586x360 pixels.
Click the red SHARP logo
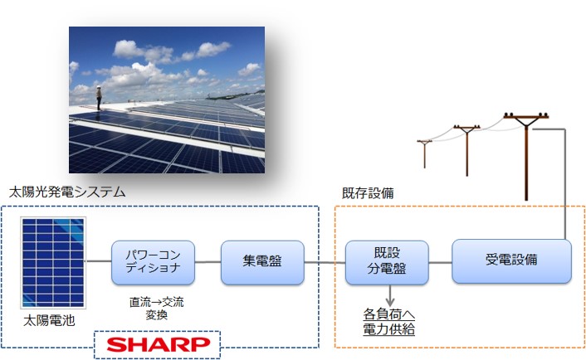tap(158, 344)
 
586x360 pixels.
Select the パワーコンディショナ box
tap(154, 262)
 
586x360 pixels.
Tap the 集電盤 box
tap(262, 262)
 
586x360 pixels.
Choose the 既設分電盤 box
tap(387, 262)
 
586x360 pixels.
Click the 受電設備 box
tap(511, 261)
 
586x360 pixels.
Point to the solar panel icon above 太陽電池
tap(53, 263)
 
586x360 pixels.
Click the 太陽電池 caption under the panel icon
tap(49, 320)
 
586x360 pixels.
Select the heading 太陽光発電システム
tap(67, 192)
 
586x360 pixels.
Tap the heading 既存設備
tap(368, 193)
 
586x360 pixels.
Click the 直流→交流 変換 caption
tap(157, 308)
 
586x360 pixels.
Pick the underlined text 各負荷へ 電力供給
tap(389, 322)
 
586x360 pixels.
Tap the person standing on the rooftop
tap(99, 98)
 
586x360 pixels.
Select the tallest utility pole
tap(526, 156)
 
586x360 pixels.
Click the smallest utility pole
tap(424, 153)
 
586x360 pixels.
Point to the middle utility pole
tap(466, 150)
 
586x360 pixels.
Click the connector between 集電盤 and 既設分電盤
tap(325, 262)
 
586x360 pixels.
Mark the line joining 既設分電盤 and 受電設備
tap(440, 262)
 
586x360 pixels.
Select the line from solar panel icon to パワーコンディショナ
tap(99, 261)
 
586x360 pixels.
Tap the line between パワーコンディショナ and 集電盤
tap(208, 262)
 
